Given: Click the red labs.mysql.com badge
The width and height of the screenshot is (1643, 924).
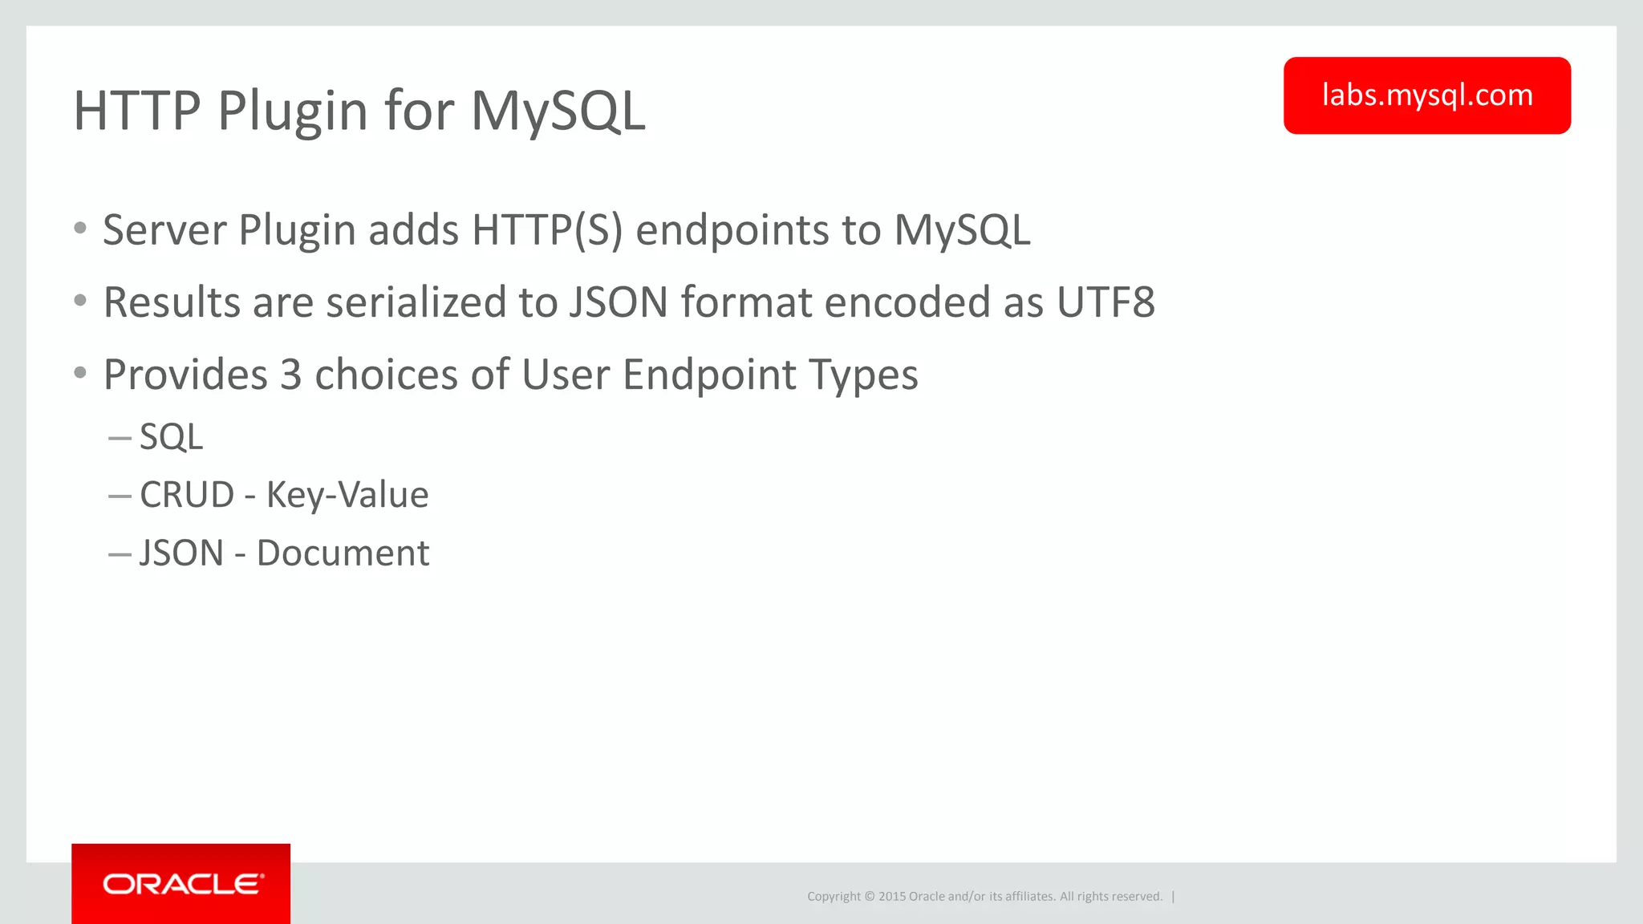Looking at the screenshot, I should click(1426, 95).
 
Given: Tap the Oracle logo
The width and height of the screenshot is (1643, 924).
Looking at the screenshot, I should click(181, 884).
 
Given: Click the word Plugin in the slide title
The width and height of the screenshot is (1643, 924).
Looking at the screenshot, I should click(293, 111).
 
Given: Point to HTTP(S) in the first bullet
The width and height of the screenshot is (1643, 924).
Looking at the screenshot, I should click(547, 231).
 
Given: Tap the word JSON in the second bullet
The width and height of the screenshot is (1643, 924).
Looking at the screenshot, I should click(619, 302).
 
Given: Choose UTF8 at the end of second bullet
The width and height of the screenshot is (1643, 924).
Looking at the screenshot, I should click(1105, 302).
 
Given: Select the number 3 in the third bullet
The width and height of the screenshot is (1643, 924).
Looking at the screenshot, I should click(290, 375).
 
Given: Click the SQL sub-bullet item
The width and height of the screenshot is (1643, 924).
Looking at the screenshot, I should click(171, 437).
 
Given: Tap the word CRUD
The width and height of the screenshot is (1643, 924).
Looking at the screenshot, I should click(186, 495).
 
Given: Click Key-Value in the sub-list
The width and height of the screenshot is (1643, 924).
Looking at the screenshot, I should click(347, 495).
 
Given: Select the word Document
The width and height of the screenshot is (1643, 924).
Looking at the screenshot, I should click(343, 553).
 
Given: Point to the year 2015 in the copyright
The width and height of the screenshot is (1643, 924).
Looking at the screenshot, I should click(891, 897).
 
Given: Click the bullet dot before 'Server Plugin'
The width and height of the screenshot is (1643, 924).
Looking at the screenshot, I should click(79, 229).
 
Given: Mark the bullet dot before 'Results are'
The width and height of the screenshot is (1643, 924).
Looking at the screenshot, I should click(79, 301).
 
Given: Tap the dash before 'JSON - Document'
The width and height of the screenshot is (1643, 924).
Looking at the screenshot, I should click(120, 554).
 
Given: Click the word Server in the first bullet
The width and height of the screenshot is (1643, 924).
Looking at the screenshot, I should click(164, 231).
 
